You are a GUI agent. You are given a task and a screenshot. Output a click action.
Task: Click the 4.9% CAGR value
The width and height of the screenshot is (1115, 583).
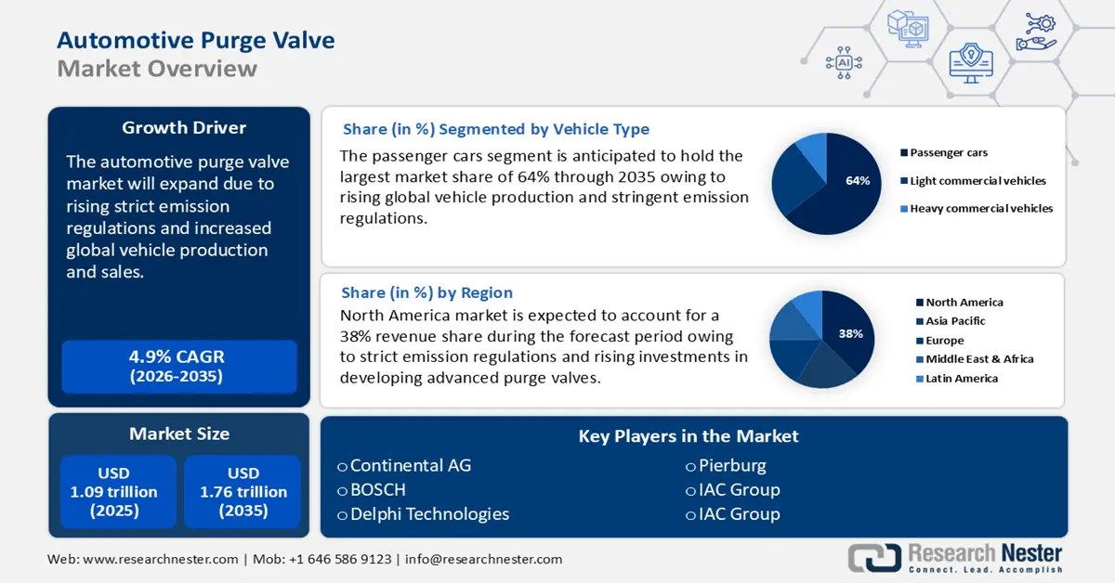177,357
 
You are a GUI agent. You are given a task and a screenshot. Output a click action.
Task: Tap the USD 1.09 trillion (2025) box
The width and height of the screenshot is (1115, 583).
114,492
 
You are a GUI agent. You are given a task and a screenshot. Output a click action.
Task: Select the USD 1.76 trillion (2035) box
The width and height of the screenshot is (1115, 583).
243,492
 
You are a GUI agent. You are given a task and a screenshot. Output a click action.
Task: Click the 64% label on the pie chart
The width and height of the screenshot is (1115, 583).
858,181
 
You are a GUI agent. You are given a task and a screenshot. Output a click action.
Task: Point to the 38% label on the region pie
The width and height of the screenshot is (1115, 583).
851,333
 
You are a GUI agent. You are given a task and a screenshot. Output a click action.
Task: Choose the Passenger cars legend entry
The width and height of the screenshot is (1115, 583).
948,152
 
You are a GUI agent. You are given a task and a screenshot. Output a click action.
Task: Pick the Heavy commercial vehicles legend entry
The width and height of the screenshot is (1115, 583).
980,209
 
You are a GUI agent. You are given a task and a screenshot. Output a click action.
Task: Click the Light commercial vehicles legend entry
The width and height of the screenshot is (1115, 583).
977,181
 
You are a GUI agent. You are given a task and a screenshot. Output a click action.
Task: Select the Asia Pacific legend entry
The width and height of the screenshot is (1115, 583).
954,321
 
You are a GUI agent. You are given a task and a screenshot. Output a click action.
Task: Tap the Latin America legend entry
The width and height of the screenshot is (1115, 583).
961,379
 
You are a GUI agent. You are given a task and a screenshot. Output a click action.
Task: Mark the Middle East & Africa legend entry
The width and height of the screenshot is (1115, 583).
978,359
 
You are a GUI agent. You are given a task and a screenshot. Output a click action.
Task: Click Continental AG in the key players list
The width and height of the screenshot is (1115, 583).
410,466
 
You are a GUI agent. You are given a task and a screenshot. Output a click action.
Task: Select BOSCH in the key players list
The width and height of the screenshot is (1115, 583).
377,490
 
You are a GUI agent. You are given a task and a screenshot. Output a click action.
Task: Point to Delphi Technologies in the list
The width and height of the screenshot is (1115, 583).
429,514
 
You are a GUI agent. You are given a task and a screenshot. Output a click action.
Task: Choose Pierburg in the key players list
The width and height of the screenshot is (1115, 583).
732,466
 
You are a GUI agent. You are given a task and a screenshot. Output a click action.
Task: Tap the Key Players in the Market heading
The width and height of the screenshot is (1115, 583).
689,436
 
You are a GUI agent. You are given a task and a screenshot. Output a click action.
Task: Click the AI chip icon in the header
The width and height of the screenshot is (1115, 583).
844,62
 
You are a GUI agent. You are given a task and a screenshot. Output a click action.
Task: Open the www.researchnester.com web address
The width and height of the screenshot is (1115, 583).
162,559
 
